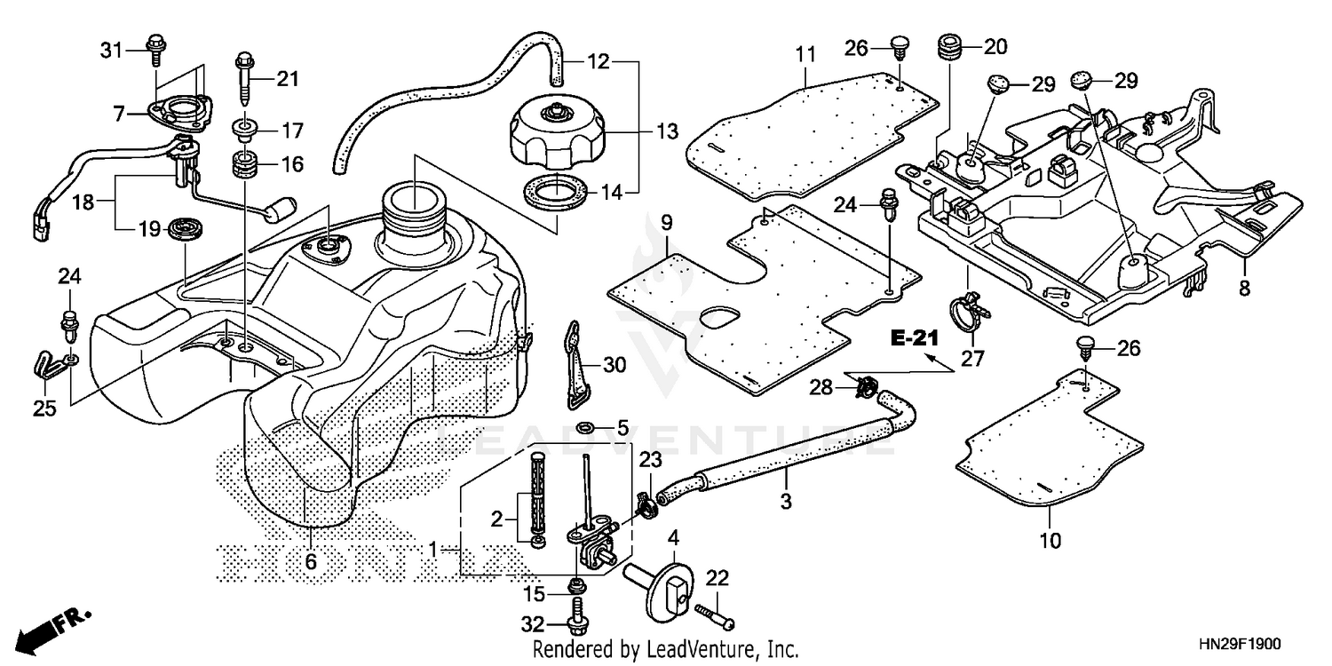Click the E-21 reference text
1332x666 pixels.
coord(916,339)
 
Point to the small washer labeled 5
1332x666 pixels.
coord(588,430)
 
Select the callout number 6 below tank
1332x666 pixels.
coord(311,561)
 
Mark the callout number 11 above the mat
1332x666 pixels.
coord(805,55)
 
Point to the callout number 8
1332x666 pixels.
coord(1244,289)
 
